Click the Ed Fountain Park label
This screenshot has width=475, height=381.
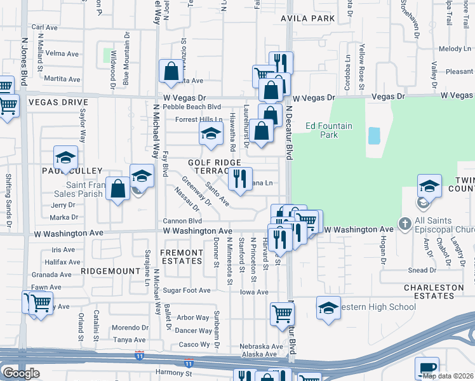click(328, 130)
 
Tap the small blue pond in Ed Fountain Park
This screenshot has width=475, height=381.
click(374, 135)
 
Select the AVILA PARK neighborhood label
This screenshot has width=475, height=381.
click(308, 18)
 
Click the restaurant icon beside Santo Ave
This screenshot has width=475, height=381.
click(240, 179)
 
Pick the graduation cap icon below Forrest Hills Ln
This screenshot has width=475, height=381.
click(211, 134)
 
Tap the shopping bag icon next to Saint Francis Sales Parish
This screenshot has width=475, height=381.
click(118, 189)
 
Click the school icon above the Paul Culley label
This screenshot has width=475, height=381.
click(65, 157)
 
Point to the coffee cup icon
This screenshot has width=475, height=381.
click(427, 368)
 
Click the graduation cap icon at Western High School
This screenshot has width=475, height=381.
click(328, 308)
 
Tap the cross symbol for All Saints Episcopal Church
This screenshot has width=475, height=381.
click(405, 224)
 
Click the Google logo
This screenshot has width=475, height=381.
click(21, 373)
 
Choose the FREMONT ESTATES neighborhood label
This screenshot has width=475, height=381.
click(182, 257)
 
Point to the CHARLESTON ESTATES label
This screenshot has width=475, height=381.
click(434, 291)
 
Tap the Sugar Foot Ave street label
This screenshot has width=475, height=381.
click(186, 290)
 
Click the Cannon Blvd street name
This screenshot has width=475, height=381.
click(182, 221)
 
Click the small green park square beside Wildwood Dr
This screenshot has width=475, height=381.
click(108, 56)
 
